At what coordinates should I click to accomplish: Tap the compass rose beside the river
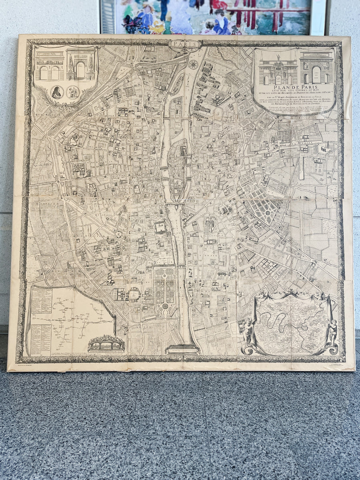tap(194, 64)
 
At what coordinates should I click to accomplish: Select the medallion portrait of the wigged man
tap(57, 92)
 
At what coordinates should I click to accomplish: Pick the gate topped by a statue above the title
tap(278, 70)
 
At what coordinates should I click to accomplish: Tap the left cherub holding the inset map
tap(248, 330)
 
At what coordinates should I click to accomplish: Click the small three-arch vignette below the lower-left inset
tap(106, 343)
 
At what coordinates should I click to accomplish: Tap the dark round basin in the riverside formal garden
tap(165, 306)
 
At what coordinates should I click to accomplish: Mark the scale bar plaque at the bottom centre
tap(182, 349)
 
